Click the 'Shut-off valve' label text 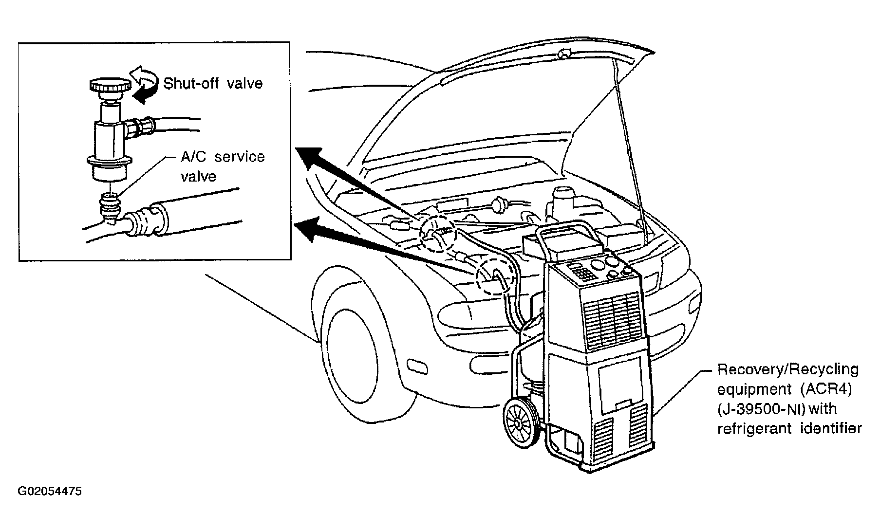(x=213, y=83)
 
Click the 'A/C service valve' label (x=223, y=166)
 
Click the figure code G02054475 (x=50, y=491)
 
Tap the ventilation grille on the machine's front (x=612, y=320)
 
